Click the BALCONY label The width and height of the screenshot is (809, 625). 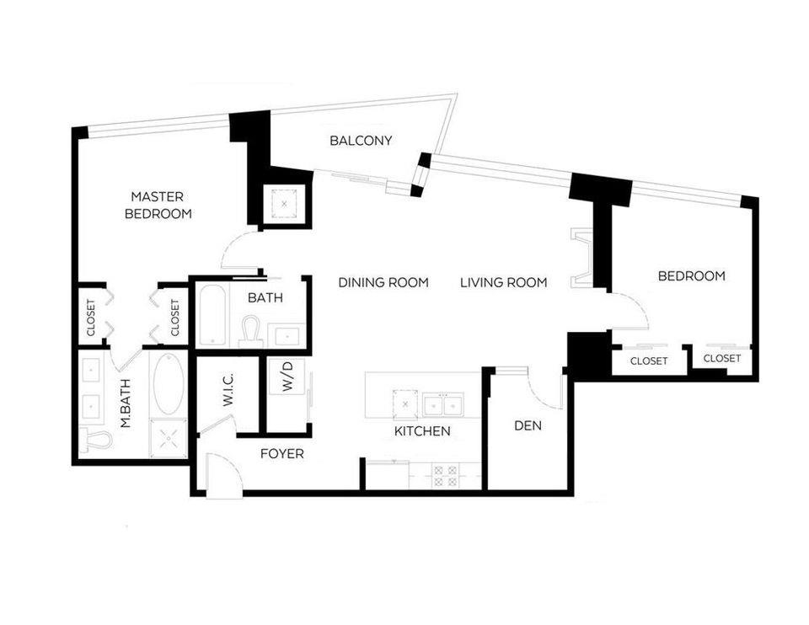click(x=361, y=141)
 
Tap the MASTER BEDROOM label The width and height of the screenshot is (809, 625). click(x=158, y=205)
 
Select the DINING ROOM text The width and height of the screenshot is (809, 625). click(x=383, y=282)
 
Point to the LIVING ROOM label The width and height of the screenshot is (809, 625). click(x=504, y=282)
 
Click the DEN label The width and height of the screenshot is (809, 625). click(x=528, y=425)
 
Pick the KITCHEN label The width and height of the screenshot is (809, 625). click(x=422, y=431)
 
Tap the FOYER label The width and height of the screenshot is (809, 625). click(x=281, y=454)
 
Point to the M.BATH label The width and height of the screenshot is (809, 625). click(x=126, y=407)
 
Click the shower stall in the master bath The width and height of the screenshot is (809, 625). click(x=166, y=436)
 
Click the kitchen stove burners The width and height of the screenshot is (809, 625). click(x=444, y=476)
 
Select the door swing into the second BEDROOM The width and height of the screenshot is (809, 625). click(x=630, y=310)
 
